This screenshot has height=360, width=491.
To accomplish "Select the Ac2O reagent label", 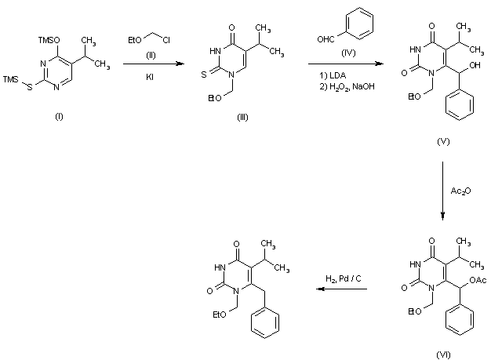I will [x=461, y=191].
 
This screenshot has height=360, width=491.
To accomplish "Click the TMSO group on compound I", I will [x=47, y=37].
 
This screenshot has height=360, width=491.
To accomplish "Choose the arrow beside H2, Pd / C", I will [x=340, y=290].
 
